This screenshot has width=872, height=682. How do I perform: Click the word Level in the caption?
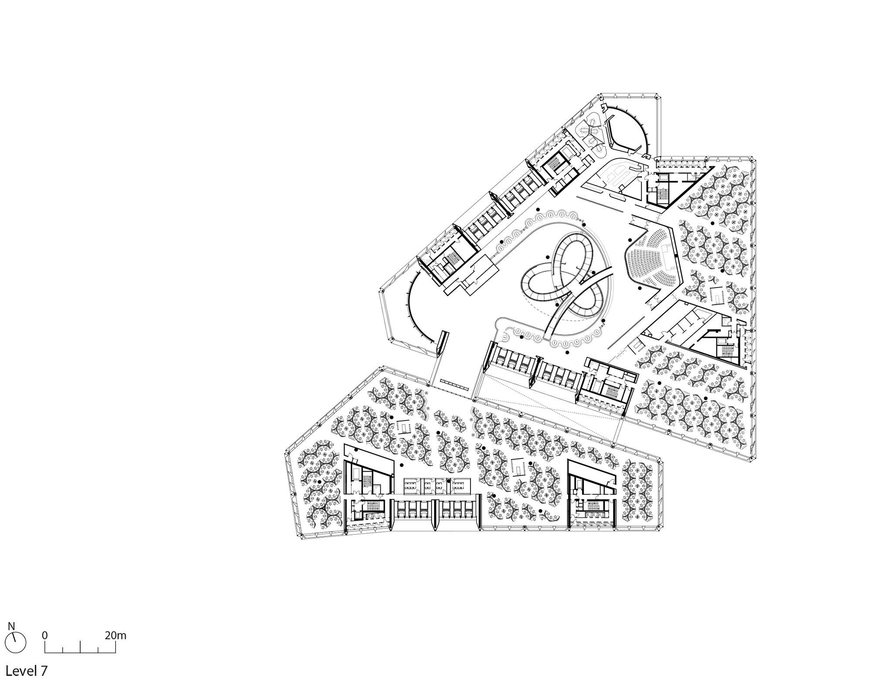(x=20, y=670)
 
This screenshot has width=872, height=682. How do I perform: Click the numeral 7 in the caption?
(x=44, y=670)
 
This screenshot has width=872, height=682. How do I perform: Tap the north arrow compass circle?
(x=16, y=643)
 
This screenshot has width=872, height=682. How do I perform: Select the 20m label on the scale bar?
(x=116, y=635)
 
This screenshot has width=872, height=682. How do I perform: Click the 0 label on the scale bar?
(x=45, y=635)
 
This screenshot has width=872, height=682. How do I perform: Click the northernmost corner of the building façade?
(x=601, y=94)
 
